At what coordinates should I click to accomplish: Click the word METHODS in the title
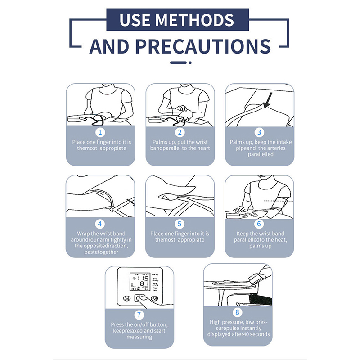click(195, 20)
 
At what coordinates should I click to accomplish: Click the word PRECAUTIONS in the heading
click(203, 46)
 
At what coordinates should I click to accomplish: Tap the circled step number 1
click(100, 132)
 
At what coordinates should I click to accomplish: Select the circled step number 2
click(180, 132)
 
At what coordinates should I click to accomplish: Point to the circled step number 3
click(259, 132)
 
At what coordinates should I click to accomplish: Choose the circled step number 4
click(100, 224)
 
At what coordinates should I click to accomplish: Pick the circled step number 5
click(180, 224)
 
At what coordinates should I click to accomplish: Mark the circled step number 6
click(259, 224)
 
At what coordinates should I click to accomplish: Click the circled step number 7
click(139, 315)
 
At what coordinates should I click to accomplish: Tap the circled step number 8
click(238, 312)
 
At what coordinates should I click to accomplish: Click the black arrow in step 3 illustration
click(268, 100)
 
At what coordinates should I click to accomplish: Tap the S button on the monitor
click(127, 298)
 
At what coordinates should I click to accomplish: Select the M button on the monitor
click(154, 298)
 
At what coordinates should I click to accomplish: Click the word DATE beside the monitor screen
click(155, 274)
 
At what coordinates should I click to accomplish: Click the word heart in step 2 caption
click(204, 148)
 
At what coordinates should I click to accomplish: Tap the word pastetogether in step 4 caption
click(101, 252)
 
